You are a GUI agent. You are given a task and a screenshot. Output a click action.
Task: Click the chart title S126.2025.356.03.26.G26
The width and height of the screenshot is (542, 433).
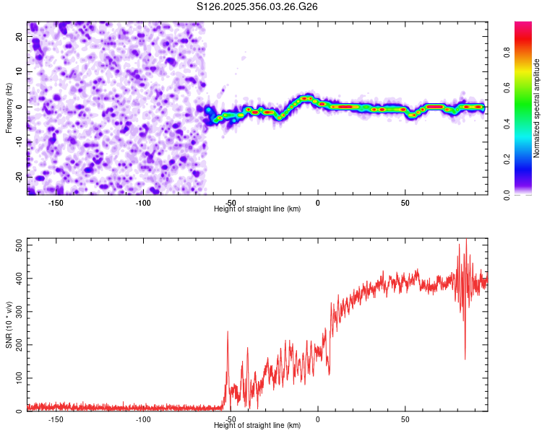(257, 6)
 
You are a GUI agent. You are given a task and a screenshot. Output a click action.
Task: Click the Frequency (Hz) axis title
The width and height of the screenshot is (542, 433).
(9, 108)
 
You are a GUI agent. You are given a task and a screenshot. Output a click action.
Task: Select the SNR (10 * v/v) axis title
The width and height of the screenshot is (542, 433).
(9, 324)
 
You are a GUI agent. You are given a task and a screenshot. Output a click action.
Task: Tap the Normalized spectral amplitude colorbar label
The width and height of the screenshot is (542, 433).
(536, 108)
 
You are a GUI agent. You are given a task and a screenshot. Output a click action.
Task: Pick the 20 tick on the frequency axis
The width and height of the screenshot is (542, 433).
(20, 37)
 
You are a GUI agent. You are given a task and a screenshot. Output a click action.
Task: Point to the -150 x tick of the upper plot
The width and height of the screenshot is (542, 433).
(56, 203)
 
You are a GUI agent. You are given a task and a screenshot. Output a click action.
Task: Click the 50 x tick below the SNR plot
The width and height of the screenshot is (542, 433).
(405, 419)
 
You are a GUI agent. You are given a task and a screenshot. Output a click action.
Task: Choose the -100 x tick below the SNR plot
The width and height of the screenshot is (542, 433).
(143, 419)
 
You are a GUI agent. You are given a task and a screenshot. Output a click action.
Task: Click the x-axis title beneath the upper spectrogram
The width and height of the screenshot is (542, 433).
(257, 209)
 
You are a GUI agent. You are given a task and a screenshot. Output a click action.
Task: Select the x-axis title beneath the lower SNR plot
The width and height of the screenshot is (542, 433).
(257, 426)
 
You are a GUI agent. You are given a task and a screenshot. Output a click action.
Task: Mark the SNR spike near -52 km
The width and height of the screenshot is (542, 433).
(228, 333)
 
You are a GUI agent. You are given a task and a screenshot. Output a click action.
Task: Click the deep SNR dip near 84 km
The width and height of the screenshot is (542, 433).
(465, 358)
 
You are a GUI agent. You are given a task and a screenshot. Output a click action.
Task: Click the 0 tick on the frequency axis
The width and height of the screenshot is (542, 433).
(22, 107)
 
